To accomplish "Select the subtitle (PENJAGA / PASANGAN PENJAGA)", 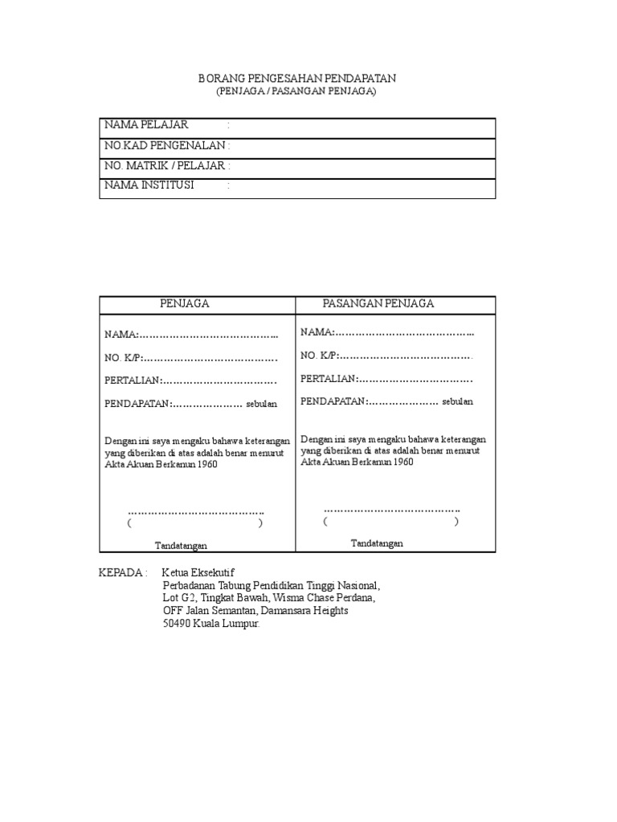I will [x=296, y=92].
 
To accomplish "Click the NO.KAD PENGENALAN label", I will [x=165, y=146].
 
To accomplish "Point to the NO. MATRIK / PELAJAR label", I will [x=165, y=166].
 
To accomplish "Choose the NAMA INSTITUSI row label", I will [x=149, y=186].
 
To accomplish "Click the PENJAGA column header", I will [x=185, y=303].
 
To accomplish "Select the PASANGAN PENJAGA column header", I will [x=378, y=303].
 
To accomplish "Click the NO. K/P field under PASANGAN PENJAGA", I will [x=386, y=356].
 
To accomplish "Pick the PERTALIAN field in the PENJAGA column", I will [x=190, y=380].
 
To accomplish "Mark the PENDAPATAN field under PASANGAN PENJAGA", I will [x=370, y=401].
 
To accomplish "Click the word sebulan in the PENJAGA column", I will [x=261, y=404].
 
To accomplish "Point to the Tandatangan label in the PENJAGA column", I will [x=181, y=546].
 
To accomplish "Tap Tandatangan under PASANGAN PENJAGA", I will [x=377, y=543].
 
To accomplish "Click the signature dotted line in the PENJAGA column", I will [x=196, y=511].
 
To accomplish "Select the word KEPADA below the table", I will [x=119, y=573].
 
